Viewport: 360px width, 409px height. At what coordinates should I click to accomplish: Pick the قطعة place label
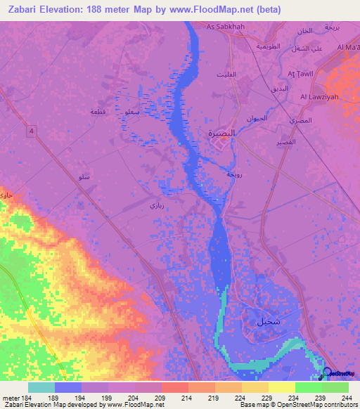click(98, 112)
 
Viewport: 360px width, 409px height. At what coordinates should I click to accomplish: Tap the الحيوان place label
click(259, 118)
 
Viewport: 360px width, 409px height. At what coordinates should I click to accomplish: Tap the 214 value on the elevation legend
click(186, 398)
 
